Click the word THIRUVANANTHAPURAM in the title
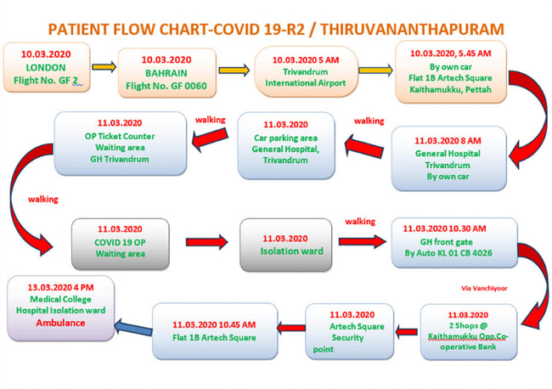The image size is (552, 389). tap(412, 29)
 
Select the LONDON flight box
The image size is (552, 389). tap(47, 68)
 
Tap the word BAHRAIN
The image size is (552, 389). tap(166, 73)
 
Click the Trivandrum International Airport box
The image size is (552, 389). tap(306, 71)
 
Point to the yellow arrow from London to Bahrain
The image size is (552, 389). tap(104, 66)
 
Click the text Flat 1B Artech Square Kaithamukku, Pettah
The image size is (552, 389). tap(450, 84)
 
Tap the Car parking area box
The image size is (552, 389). tap(286, 145)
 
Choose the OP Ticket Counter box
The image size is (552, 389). tap(121, 144)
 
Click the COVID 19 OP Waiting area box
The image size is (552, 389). tap(121, 244)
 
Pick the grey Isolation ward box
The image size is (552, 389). tap(286, 245)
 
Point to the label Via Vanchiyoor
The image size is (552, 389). tap(484, 288)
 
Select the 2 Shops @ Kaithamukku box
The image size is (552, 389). tap(469, 332)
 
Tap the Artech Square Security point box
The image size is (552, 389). tap(349, 331)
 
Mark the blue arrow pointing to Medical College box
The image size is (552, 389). tap(133, 328)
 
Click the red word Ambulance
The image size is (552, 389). tap(60, 323)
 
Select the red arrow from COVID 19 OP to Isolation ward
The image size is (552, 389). tap(206, 242)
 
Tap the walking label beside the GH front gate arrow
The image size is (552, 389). tap(360, 222)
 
